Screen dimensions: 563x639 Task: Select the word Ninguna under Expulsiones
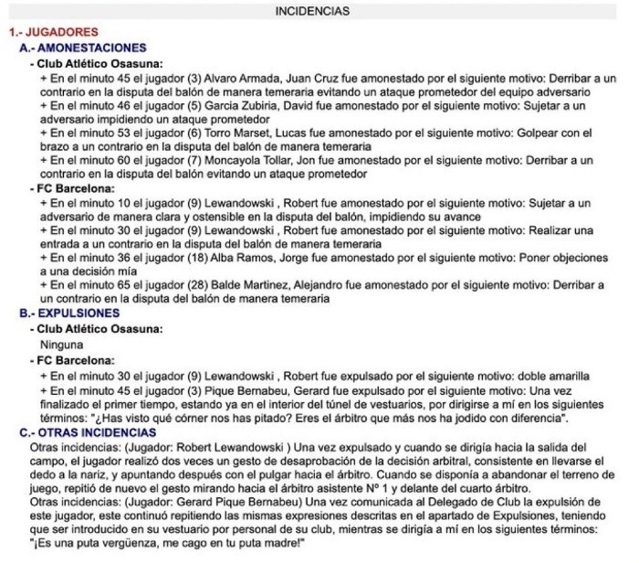tap(62, 345)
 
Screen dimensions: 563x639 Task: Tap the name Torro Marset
tap(245, 133)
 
